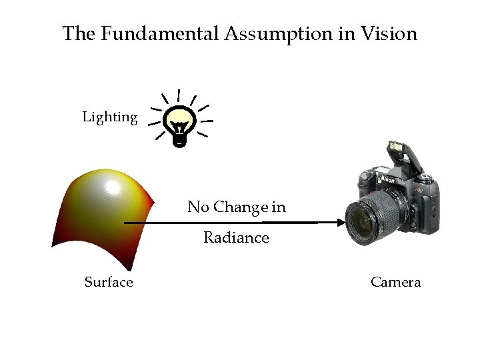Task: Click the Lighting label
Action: point(110,118)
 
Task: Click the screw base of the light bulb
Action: point(180,139)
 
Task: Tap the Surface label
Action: point(109,282)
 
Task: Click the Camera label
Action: point(395,282)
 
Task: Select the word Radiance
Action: point(236,238)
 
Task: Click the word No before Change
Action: point(198,207)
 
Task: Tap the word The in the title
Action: point(78,33)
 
